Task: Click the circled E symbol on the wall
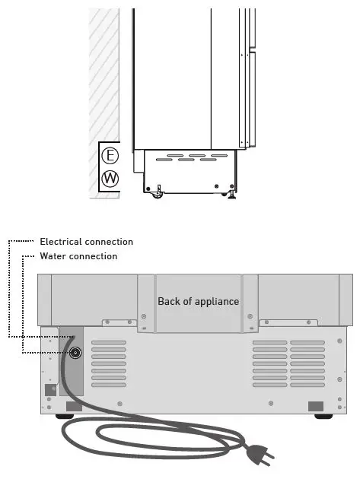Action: (110, 156)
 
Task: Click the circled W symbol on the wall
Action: (110, 179)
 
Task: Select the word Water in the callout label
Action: (53, 256)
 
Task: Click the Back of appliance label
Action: (198, 301)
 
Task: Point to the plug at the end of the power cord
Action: (259, 455)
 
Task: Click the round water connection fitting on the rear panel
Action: (75, 352)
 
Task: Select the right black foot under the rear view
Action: (323, 416)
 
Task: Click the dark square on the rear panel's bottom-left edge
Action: (49, 389)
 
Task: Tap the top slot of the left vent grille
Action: (109, 344)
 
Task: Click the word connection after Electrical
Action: (110, 242)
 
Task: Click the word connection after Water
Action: (93, 256)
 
